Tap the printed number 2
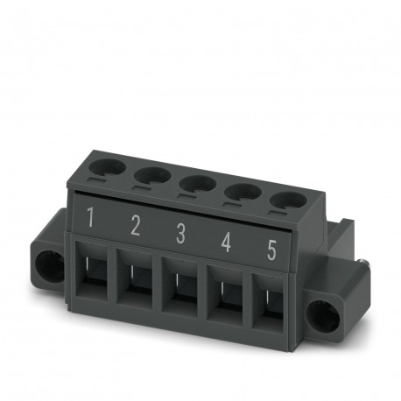[135, 226]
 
